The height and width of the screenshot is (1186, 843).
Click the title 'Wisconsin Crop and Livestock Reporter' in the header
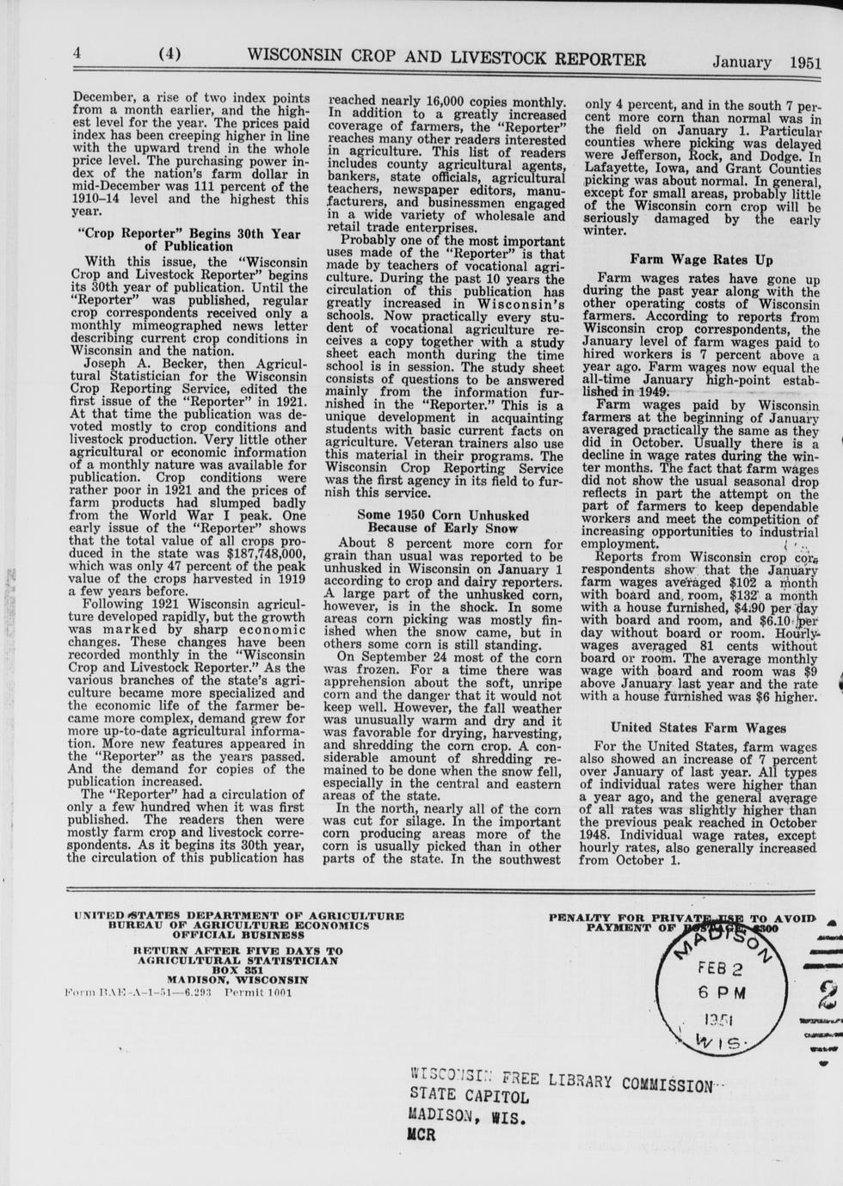click(446, 58)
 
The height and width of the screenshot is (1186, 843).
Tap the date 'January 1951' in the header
click(766, 62)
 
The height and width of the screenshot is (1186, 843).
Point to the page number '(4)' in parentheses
click(169, 53)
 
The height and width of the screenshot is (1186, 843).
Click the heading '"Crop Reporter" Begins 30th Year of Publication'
click(188, 240)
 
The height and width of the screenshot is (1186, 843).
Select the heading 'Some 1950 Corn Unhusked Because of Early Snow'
click(443, 521)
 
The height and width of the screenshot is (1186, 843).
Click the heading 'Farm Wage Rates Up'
click(701, 260)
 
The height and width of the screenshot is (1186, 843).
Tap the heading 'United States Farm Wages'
click(698, 728)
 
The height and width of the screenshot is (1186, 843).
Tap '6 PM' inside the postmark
click(721, 991)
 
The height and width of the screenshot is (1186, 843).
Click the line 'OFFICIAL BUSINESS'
click(238, 934)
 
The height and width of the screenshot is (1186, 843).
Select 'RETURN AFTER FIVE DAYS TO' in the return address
click(238, 950)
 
